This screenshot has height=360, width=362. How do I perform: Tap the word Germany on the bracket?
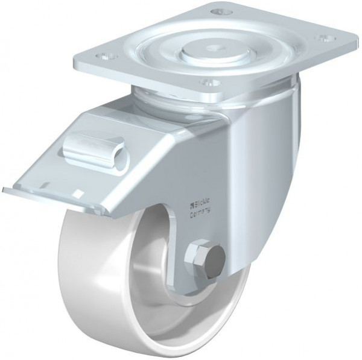200,212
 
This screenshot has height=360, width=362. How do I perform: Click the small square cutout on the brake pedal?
79,192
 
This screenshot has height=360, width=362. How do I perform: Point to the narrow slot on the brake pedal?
45,185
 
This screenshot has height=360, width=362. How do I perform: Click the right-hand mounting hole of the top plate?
326,39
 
